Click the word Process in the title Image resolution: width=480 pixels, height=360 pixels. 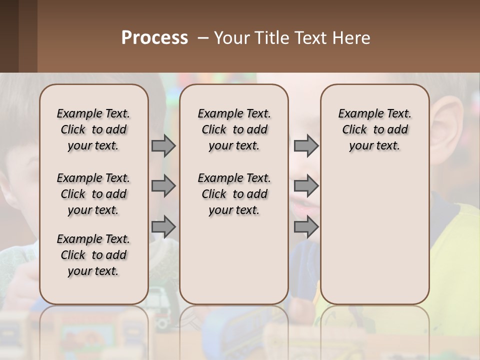click(154, 38)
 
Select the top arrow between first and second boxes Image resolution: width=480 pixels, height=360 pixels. click(163, 145)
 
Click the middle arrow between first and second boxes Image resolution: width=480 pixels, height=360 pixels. click(163, 186)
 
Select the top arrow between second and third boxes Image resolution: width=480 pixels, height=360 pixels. click(306, 145)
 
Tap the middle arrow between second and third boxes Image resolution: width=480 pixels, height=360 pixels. click(306, 186)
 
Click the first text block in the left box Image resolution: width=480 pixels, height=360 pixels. click(93, 129)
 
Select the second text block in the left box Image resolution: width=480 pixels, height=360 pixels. click(93, 194)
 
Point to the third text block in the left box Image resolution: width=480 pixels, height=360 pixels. click(93, 255)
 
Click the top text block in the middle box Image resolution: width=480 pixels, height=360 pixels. click(234, 129)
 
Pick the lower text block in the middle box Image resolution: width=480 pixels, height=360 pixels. click(234, 194)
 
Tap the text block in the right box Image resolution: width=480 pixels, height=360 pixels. click(374, 129)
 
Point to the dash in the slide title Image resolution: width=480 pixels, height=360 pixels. click(202, 38)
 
